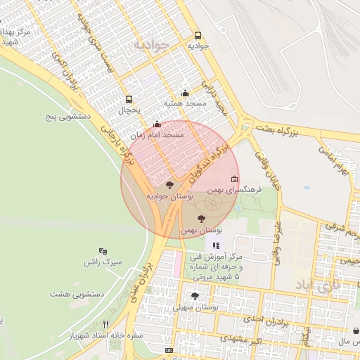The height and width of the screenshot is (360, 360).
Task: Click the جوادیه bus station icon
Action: point(197,36)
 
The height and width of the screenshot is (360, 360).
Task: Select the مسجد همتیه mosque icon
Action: point(185,93)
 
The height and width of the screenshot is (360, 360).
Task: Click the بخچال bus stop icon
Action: point(128,99)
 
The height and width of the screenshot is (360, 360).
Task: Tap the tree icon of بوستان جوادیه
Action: point(169,186)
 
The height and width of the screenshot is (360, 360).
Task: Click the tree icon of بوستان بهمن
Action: point(202,219)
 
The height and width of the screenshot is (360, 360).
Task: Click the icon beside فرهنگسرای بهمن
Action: point(235,179)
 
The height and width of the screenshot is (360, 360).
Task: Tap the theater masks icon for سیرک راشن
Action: point(103,251)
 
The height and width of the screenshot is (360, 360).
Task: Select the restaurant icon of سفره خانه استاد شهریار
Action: point(106,324)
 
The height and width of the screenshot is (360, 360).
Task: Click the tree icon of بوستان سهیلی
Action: point(195,297)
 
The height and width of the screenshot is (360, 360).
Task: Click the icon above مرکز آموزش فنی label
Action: point(216,246)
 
